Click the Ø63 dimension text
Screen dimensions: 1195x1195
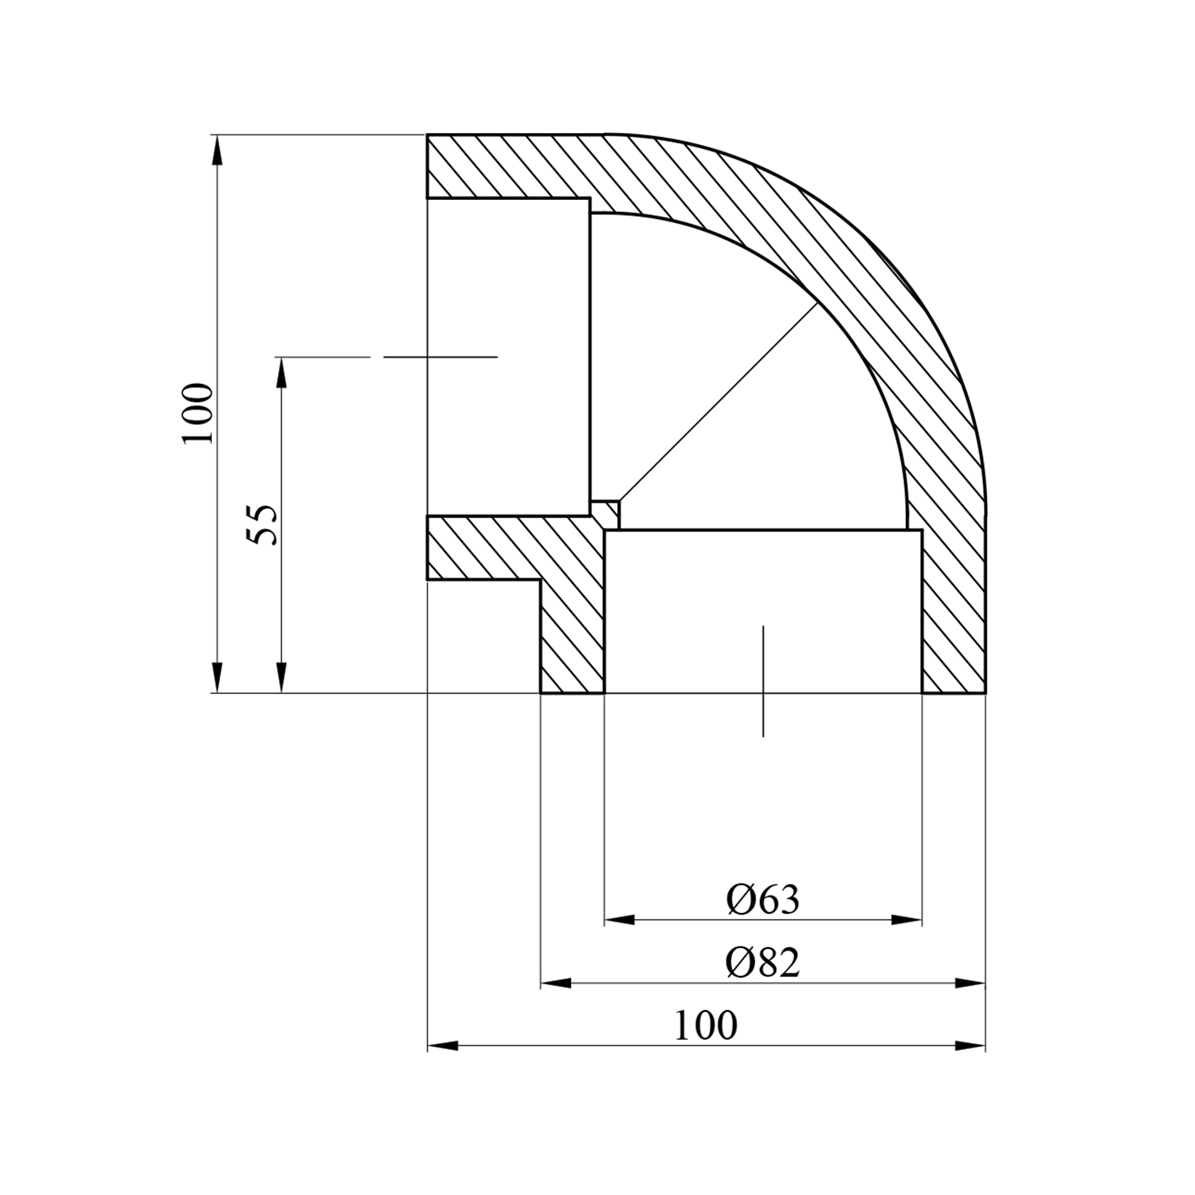(762, 900)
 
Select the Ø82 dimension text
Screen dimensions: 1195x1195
(762, 963)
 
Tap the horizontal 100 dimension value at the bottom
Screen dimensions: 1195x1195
(706, 1026)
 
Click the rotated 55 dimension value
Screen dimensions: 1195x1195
(263, 524)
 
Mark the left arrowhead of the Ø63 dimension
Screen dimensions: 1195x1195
(620, 920)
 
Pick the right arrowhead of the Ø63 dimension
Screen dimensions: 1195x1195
(907, 920)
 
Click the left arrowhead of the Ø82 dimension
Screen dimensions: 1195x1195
(556, 983)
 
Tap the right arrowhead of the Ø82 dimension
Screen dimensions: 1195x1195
(970, 983)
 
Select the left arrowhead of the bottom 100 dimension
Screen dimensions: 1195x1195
(443, 1045)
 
